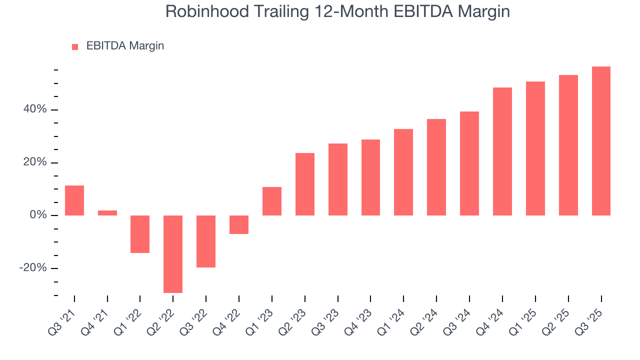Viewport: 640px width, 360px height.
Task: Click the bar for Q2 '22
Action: (x=173, y=254)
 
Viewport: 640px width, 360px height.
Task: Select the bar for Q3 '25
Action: (x=601, y=141)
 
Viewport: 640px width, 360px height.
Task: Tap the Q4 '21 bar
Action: (x=107, y=213)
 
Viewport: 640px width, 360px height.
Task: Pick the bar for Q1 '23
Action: (x=272, y=201)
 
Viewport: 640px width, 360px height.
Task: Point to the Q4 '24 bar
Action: (x=502, y=151)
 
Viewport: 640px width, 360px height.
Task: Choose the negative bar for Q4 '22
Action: (x=239, y=224)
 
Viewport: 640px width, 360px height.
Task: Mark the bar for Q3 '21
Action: (x=74, y=200)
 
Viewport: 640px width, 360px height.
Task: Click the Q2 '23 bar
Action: (x=305, y=184)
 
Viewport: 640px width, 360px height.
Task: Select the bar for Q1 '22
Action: (x=140, y=234)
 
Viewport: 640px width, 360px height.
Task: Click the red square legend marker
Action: (x=75, y=46)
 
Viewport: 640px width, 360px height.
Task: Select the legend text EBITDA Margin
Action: (x=125, y=46)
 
